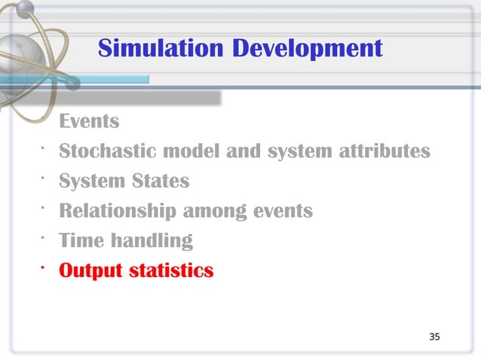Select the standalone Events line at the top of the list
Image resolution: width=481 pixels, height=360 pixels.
tap(89, 121)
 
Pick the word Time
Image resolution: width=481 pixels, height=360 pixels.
tap(81, 241)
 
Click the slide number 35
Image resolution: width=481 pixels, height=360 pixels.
tap(434, 336)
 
